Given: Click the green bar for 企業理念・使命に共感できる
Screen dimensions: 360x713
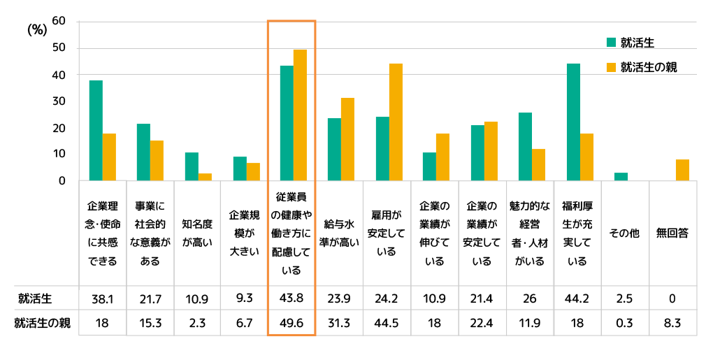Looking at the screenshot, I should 96,131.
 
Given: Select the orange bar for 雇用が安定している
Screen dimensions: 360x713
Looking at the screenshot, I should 396,122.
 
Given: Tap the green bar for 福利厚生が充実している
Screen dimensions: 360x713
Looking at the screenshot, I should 573,122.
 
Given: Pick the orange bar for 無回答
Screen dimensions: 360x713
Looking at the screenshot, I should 682,170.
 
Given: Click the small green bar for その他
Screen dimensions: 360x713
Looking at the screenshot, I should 621,177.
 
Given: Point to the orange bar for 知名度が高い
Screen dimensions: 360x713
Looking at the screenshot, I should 205,177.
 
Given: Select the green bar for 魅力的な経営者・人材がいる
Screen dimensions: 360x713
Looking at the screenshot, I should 525,147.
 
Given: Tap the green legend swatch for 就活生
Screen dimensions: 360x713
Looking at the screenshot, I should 610,43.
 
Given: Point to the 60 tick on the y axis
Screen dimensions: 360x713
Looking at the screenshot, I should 59,21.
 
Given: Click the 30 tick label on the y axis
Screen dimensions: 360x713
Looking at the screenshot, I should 59,101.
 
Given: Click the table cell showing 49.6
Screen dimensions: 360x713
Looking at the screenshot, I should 291,324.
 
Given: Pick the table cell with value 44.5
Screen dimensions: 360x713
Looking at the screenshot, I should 386,324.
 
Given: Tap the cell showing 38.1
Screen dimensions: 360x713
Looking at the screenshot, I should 103,299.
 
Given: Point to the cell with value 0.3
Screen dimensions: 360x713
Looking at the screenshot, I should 625,324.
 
